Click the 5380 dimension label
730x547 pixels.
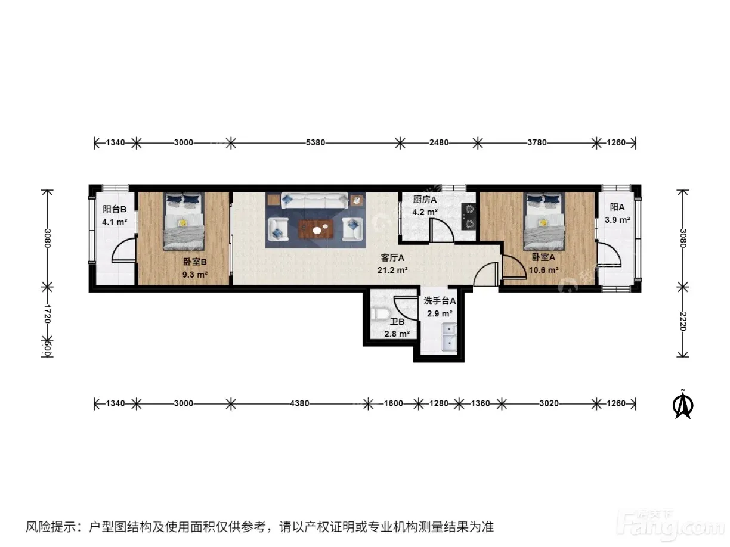pos(315,142)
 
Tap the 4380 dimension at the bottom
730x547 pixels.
pos(299,403)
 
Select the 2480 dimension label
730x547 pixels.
pos(439,142)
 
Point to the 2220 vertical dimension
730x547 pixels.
pos(682,321)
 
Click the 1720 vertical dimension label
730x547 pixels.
pos(47,314)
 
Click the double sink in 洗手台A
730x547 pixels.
pos(449,337)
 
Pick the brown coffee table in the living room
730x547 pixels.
pos(316,229)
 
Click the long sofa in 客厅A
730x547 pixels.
pos(315,201)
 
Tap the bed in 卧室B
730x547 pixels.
pos(184,221)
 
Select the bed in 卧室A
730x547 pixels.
pos(544,221)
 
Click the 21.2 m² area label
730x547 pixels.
pos(392,270)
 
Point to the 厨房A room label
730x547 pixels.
pos(425,200)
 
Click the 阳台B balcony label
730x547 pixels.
pos(115,209)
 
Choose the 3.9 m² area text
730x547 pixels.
pos(617,220)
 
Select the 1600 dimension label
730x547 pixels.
pos(394,403)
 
